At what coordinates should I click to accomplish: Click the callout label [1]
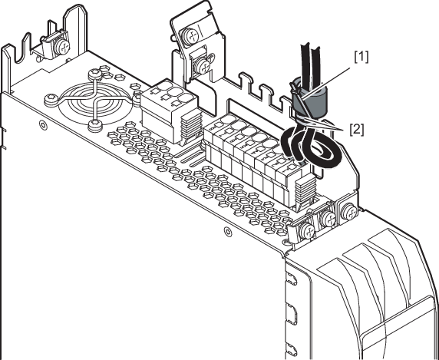pos(361,57)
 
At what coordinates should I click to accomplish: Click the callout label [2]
pos(357,130)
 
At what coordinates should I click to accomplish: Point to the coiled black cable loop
pos(311,147)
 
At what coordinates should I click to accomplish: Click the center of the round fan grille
pos(93,101)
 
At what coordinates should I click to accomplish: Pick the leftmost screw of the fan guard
pos(51,99)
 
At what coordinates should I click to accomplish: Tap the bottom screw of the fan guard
pos(95,125)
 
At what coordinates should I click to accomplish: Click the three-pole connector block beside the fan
pos(170,111)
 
